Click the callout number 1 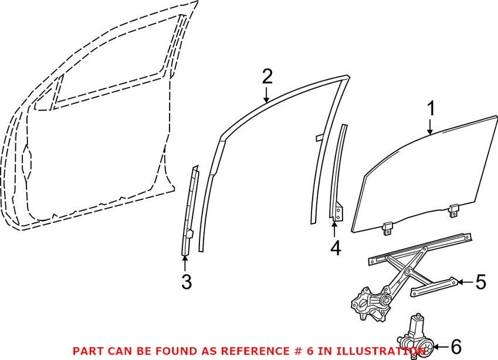tap(431, 108)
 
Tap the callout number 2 tap(267, 76)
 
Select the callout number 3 tap(186, 282)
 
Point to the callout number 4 tap(335, 248)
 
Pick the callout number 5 tap(480, 283)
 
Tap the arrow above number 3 tap(185, 263)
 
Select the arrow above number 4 tap(334, 229)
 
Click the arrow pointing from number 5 tap(463, 283)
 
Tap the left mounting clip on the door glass tap(388, 227)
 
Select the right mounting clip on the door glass tap(454, 210)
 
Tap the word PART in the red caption tap(86, 351)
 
